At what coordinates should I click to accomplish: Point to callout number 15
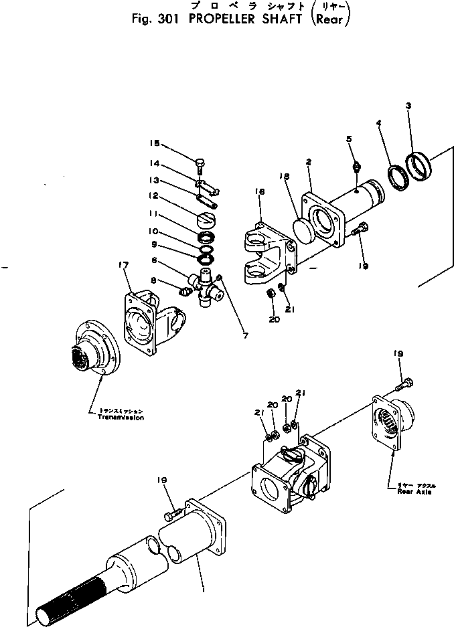[155, 143]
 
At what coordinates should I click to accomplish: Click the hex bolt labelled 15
[200, 163]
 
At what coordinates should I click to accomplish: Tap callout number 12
[155, 196]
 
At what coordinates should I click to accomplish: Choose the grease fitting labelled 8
[185, 290]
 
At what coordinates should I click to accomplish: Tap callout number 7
[245, 335]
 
